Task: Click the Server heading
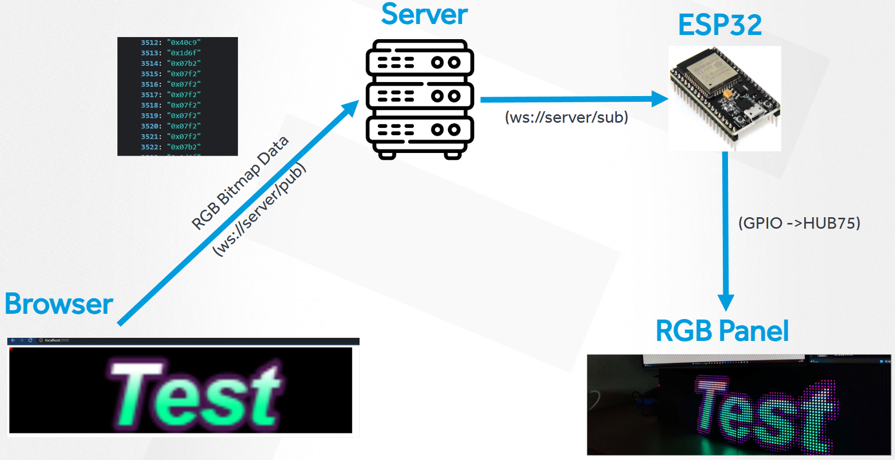point(424,15)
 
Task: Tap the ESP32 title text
point(720,25)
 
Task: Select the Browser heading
point(59,304)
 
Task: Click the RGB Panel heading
point(722,331)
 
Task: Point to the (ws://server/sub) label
point(566,117)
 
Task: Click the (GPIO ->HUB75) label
point(799,223)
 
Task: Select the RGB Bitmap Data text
point(240,183)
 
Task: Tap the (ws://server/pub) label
point(259,209)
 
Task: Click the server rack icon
point(420,99)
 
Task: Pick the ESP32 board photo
point(724,98)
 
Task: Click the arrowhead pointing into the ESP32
point(660,99)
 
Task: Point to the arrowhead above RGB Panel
point(725,302)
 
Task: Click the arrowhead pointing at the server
point(351,108)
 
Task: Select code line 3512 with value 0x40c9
point(171,42)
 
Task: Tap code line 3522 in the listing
point(171,147)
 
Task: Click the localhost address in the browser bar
point(56,340)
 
